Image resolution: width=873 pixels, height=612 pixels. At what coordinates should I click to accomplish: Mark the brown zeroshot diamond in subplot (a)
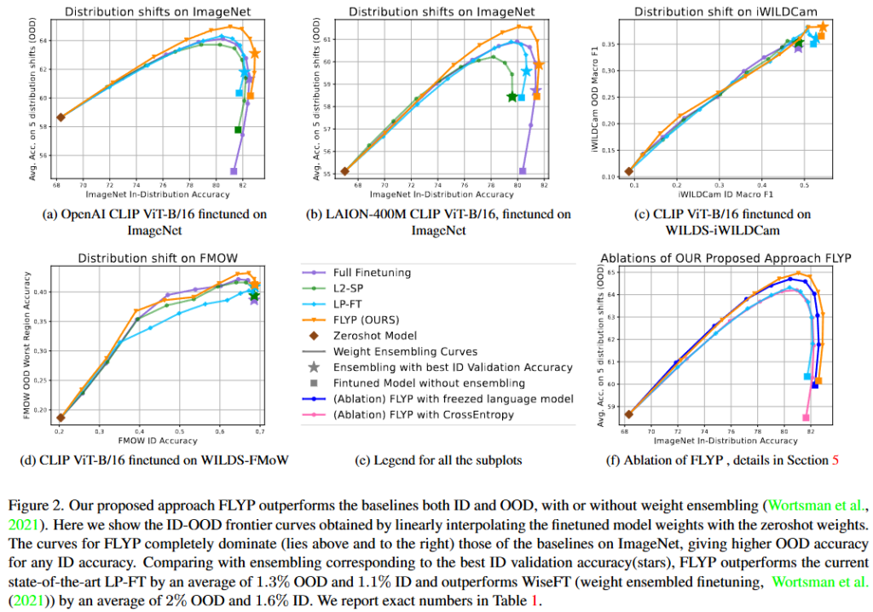pos(61,118)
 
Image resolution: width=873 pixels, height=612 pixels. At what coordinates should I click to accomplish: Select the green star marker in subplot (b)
pos(512,96)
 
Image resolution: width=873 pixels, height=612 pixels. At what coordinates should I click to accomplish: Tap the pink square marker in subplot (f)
pos(806,418)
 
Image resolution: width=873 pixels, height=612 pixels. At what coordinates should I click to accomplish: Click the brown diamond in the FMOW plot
pos(61,418)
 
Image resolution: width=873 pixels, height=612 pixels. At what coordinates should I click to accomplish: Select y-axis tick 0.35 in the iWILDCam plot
pos(603,43)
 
